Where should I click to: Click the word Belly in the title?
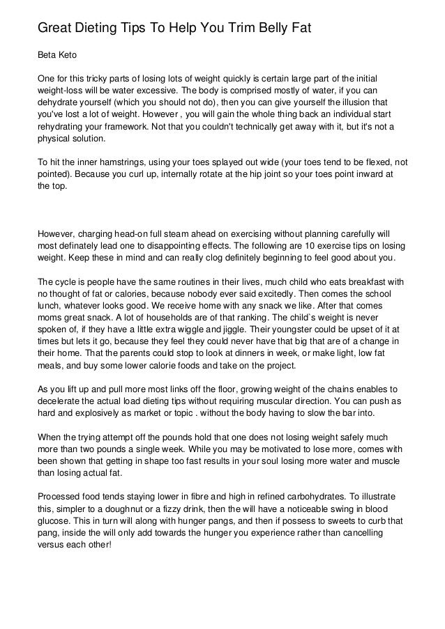(259, 29)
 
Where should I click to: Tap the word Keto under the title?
(73, 53)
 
